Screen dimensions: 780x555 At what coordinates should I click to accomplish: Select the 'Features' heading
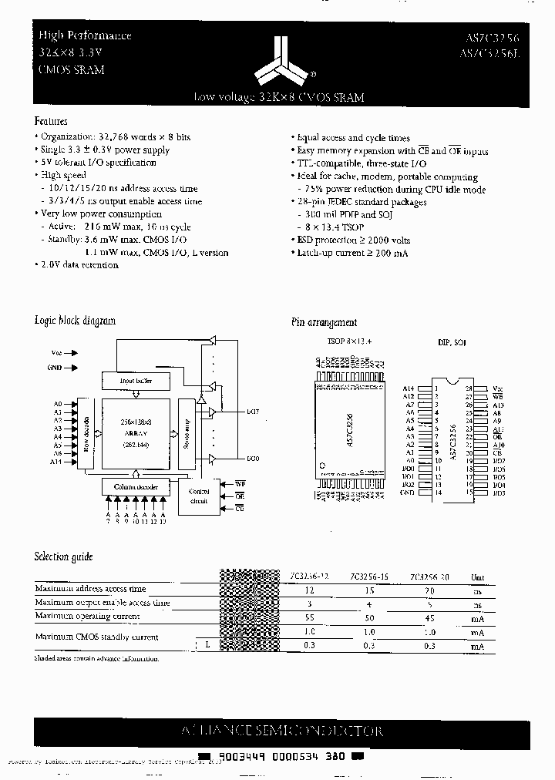click(51, 121)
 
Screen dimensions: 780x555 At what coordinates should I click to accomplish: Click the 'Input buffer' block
click(136, 380)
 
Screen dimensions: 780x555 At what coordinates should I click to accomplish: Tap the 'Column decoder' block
click(135, 487)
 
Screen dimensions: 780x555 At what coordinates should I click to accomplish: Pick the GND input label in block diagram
click(54, 368)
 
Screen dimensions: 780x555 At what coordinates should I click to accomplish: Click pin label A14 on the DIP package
click(409, 388)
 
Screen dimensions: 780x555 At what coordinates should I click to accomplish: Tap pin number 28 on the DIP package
click(469, 388)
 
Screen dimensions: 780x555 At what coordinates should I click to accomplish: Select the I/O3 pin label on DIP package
click(499, 493)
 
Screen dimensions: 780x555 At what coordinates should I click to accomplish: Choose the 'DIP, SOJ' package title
click(452, 341)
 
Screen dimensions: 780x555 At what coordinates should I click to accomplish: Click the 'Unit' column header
click(478, 576)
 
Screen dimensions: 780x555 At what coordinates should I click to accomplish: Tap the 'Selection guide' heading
click(64, 556)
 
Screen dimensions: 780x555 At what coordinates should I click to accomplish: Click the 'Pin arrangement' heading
click(324, 322)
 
